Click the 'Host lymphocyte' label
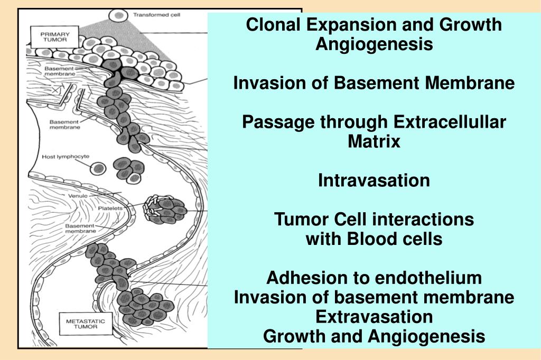(66, 157)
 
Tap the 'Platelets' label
(110, 209)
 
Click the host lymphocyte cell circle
(98, 168)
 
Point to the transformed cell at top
(119, 15)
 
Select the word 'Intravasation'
(374, 181)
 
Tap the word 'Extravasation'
(374, 317)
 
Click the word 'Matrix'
(374, 141)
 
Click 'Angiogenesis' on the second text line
(374, 44)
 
